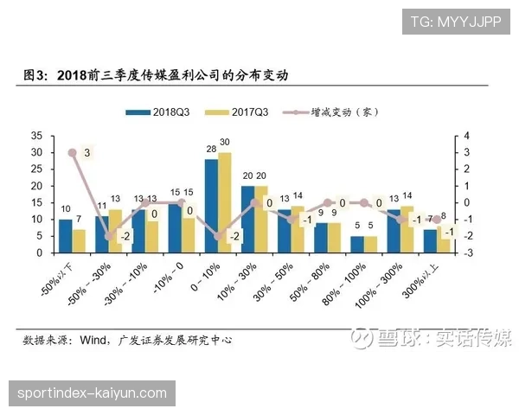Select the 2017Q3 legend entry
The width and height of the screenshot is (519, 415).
point(247,112)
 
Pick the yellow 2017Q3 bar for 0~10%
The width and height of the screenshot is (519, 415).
point(225,202)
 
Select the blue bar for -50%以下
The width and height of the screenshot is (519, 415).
point(65,236)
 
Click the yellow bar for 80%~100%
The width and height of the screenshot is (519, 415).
point(371,245)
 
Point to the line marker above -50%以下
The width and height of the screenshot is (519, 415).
point(72,153)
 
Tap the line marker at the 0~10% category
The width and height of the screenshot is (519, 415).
point(218,236)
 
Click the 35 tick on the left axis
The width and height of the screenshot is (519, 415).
point(35,136)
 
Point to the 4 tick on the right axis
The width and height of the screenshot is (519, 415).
point(467,136)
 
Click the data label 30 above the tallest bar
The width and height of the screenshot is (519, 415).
point(225,143)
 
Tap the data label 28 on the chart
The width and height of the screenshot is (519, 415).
point(210,150)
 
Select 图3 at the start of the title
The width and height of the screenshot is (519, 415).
point(34,76)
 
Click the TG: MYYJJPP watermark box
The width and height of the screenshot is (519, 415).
point(455,21)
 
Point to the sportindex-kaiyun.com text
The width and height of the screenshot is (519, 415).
point(91,393)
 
